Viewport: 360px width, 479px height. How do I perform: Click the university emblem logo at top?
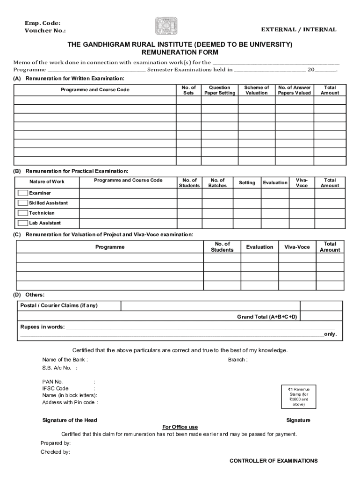tap(166, 26)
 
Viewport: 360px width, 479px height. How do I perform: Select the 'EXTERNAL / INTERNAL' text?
tap(298, 29)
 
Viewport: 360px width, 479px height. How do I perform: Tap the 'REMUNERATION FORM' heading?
tap(180, 53)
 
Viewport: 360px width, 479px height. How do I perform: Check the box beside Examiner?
tap(22, 193)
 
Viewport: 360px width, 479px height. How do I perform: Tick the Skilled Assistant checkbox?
tap(22, 203)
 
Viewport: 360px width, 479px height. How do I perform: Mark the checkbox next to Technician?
tap(22, 213)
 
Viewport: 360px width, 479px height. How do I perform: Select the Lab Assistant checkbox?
tap(22, 223)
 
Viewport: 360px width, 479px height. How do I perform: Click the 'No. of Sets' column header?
tap(188, 90)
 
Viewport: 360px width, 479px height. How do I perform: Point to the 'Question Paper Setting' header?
tap(220, 90)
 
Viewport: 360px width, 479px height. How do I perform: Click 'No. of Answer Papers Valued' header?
tap(294, 90)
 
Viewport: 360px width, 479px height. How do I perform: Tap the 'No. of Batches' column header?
tap(217, 183)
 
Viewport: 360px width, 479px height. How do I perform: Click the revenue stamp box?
tap(298, 397)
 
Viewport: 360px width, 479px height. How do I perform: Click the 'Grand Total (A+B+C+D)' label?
tap(266, 317)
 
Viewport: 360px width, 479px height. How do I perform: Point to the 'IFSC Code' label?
tap(55, 388)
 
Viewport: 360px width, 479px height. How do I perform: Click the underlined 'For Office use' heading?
tap(180, 427)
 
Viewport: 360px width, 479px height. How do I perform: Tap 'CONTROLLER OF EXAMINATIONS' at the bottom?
tap(274, 461)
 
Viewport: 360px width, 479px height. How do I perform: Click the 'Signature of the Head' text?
tap(70, 420)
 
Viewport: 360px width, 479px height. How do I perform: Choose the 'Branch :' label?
tap(238, 360)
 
